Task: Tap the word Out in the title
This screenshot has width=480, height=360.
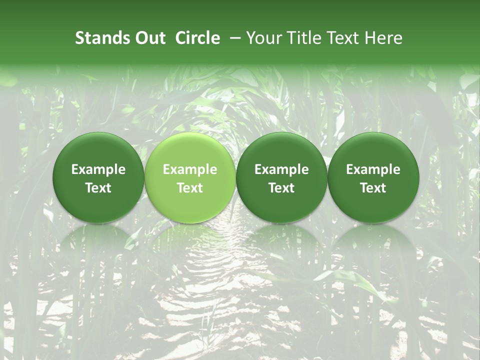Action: click(149, 38)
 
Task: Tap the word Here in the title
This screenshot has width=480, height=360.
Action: click(383, 38)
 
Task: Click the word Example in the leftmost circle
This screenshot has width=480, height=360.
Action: click(98, 169)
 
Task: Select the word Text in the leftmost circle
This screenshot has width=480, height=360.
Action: click(98, 188)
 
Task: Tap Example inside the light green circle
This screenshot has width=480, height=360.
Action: click(190, 169)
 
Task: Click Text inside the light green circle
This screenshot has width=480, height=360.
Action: click(190, 188)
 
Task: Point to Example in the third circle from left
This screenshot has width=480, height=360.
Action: click(281, 169)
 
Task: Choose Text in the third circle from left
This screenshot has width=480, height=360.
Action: click(281, 188)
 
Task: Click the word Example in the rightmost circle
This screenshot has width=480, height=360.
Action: click(373, 169)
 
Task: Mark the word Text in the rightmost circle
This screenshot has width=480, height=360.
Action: click(373, 188)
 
